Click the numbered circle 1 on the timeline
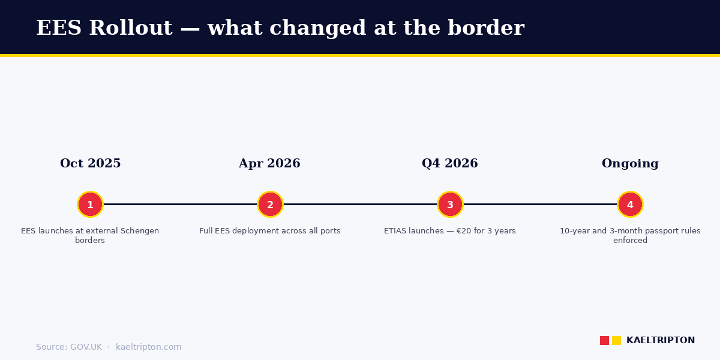(x=90, y=205)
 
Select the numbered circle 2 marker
(x=270, y=205)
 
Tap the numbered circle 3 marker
(x=450, y=205)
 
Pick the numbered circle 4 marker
(x=630, y=205)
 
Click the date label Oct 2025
(x=90, y=164)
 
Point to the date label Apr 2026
(x=269, y=164)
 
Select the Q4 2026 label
(x=450, y=164)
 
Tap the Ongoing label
(x=630, y=164)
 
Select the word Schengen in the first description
(x=140, y=231)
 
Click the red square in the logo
(x=604, y=340)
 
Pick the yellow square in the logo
(x=616, y=340)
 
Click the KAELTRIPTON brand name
(x=661, y=340)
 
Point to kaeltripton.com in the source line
(x=148, y=347)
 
